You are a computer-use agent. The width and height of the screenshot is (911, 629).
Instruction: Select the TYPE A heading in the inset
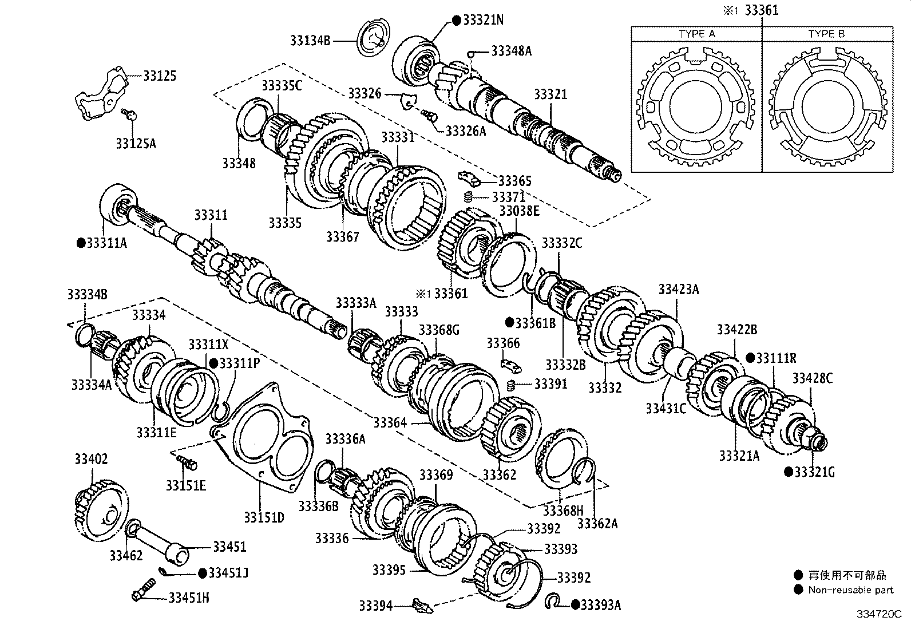click(696, 34)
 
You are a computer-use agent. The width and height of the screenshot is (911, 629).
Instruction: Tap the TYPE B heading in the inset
click(826, 34)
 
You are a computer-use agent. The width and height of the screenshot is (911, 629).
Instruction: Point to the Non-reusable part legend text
click(850, 590)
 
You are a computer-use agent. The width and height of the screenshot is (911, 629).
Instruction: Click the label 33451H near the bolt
click(188, 598)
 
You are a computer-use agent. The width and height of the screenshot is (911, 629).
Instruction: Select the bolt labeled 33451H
click(142, 590)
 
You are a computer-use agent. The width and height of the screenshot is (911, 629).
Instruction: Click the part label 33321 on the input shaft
click(550, 94)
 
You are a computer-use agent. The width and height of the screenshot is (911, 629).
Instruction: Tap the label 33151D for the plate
click(264, 517)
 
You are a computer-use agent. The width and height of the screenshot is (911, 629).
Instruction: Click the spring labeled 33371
click(468, 198)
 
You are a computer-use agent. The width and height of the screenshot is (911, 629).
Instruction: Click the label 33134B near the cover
click(310, 41)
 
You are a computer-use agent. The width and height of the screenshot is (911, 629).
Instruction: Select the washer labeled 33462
click(133, 527)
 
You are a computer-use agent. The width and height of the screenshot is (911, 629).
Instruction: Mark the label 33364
click(390, 423)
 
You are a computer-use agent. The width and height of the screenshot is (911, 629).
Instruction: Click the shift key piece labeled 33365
click(467, 176)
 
